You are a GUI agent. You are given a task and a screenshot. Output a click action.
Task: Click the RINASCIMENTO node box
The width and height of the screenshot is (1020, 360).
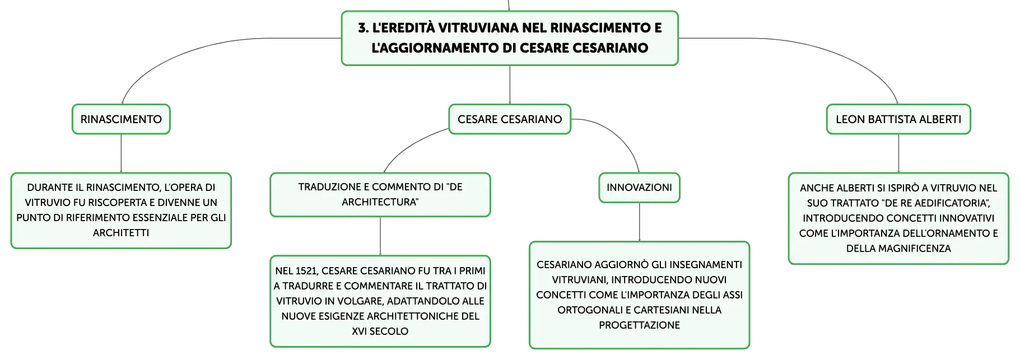(121, 119)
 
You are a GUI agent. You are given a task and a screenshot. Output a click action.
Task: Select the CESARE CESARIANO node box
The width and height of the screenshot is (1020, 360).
(510, 119)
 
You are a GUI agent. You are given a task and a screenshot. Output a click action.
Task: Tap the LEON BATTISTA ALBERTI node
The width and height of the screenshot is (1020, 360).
(898, 119)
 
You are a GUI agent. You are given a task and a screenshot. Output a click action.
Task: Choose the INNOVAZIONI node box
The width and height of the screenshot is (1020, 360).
(639, 188)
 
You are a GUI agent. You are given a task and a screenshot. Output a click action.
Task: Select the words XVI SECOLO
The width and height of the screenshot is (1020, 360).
(380, 331)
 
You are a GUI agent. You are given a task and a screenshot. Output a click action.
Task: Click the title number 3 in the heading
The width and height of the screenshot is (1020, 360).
(363, 28)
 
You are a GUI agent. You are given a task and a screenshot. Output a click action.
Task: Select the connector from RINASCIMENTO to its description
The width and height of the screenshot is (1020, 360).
(121, 153)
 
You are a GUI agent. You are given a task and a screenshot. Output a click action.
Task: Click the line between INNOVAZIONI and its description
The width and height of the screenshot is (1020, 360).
(639, 222)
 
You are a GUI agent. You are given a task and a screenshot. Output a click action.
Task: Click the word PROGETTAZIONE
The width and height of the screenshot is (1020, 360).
(639, 325)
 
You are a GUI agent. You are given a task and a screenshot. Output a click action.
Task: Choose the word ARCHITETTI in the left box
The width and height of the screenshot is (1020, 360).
(121, 233)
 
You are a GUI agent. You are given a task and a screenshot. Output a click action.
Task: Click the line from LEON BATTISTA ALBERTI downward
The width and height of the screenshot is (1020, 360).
(898, 153)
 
